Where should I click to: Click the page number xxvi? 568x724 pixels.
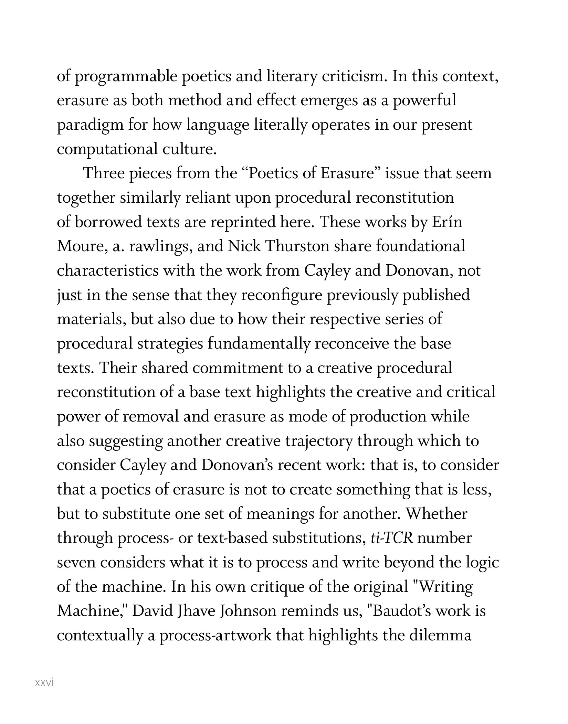point(45,683)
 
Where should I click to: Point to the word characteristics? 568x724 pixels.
point(107,271)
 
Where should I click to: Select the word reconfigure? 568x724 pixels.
point(281,295)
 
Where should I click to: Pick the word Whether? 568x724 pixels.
point(437,514)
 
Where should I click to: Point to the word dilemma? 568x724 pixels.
point(440,636)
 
